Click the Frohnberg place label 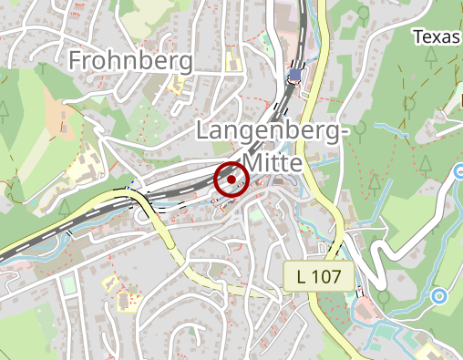(131, 61)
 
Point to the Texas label (437, 36)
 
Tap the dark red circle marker (231, 179)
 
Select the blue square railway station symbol (294, 75)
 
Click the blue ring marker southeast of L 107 (440, 295)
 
